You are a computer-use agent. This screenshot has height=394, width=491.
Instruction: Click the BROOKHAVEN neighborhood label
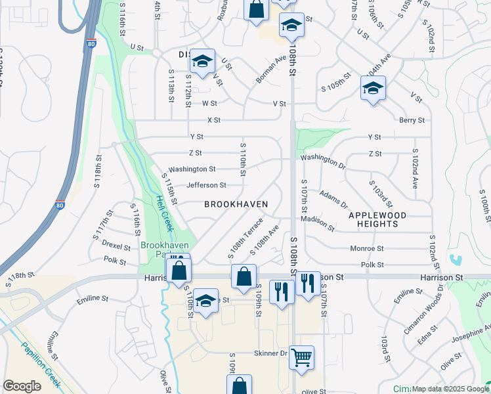(x=236, y=204)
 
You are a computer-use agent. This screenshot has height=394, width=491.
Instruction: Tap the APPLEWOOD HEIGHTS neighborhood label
(x=377, y=219)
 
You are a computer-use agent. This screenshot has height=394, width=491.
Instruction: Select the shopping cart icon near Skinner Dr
(x=301, y=358)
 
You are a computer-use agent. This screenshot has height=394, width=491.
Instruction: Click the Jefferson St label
(x=206, y=185)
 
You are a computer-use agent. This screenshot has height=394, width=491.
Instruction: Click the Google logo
(x=22, y=386)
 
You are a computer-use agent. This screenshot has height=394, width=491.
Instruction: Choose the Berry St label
(x=412, y=120)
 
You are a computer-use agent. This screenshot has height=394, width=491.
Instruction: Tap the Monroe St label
(x=367, y=249)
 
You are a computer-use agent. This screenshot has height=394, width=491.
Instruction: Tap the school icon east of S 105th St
(x=373, y=89)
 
